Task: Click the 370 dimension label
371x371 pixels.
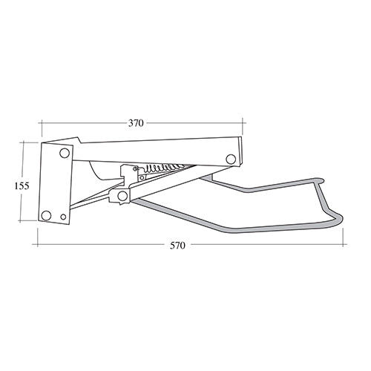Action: click(135, 123)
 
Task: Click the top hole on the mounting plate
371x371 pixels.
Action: click(65, 154)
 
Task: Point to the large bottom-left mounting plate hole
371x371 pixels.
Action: click(47, 215)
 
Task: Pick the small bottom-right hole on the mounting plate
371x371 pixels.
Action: click(63, 217)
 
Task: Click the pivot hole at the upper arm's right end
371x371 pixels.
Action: click(231, 159)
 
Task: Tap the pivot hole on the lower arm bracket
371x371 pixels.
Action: click(122, 195)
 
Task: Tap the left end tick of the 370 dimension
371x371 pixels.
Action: click(41, 123)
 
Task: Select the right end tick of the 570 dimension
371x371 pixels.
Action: click(345, 243)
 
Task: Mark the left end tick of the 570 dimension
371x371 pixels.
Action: click(36, 243)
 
